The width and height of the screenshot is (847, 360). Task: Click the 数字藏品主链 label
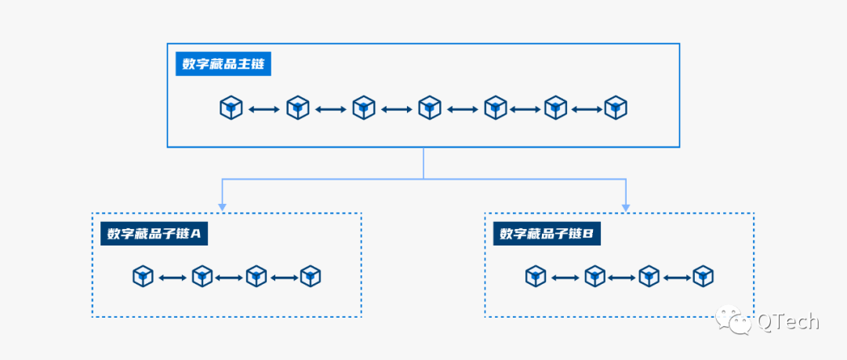click(224, 64)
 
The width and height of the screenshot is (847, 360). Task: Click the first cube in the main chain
click(231, 107)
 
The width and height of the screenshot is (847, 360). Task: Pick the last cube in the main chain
click(616, 107)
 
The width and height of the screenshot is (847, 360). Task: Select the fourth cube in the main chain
click(429, 107)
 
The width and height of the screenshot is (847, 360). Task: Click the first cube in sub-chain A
click(143, 276)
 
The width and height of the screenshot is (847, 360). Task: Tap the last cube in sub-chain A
click(311, 276)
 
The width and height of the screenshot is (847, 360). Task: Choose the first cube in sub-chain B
click(536, 276)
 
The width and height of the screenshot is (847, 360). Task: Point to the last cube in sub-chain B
click(703, 276)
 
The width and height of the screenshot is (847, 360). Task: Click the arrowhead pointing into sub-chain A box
click(222, 207)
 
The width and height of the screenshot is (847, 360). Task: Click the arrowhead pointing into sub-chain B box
click(626, 207)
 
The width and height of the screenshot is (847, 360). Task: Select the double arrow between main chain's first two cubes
click(264, 108)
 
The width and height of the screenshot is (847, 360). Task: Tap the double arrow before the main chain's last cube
click(586, 108)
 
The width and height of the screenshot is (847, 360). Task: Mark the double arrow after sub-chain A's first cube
click(173, 277)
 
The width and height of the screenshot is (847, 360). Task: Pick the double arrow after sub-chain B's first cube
click(565, 277)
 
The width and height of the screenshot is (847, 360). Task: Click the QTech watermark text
click(787, 321)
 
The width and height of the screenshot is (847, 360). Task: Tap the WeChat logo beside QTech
click(736, 320)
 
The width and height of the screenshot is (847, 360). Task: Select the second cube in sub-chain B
click(595, 276)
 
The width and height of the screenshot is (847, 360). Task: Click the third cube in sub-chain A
click(256, 276)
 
